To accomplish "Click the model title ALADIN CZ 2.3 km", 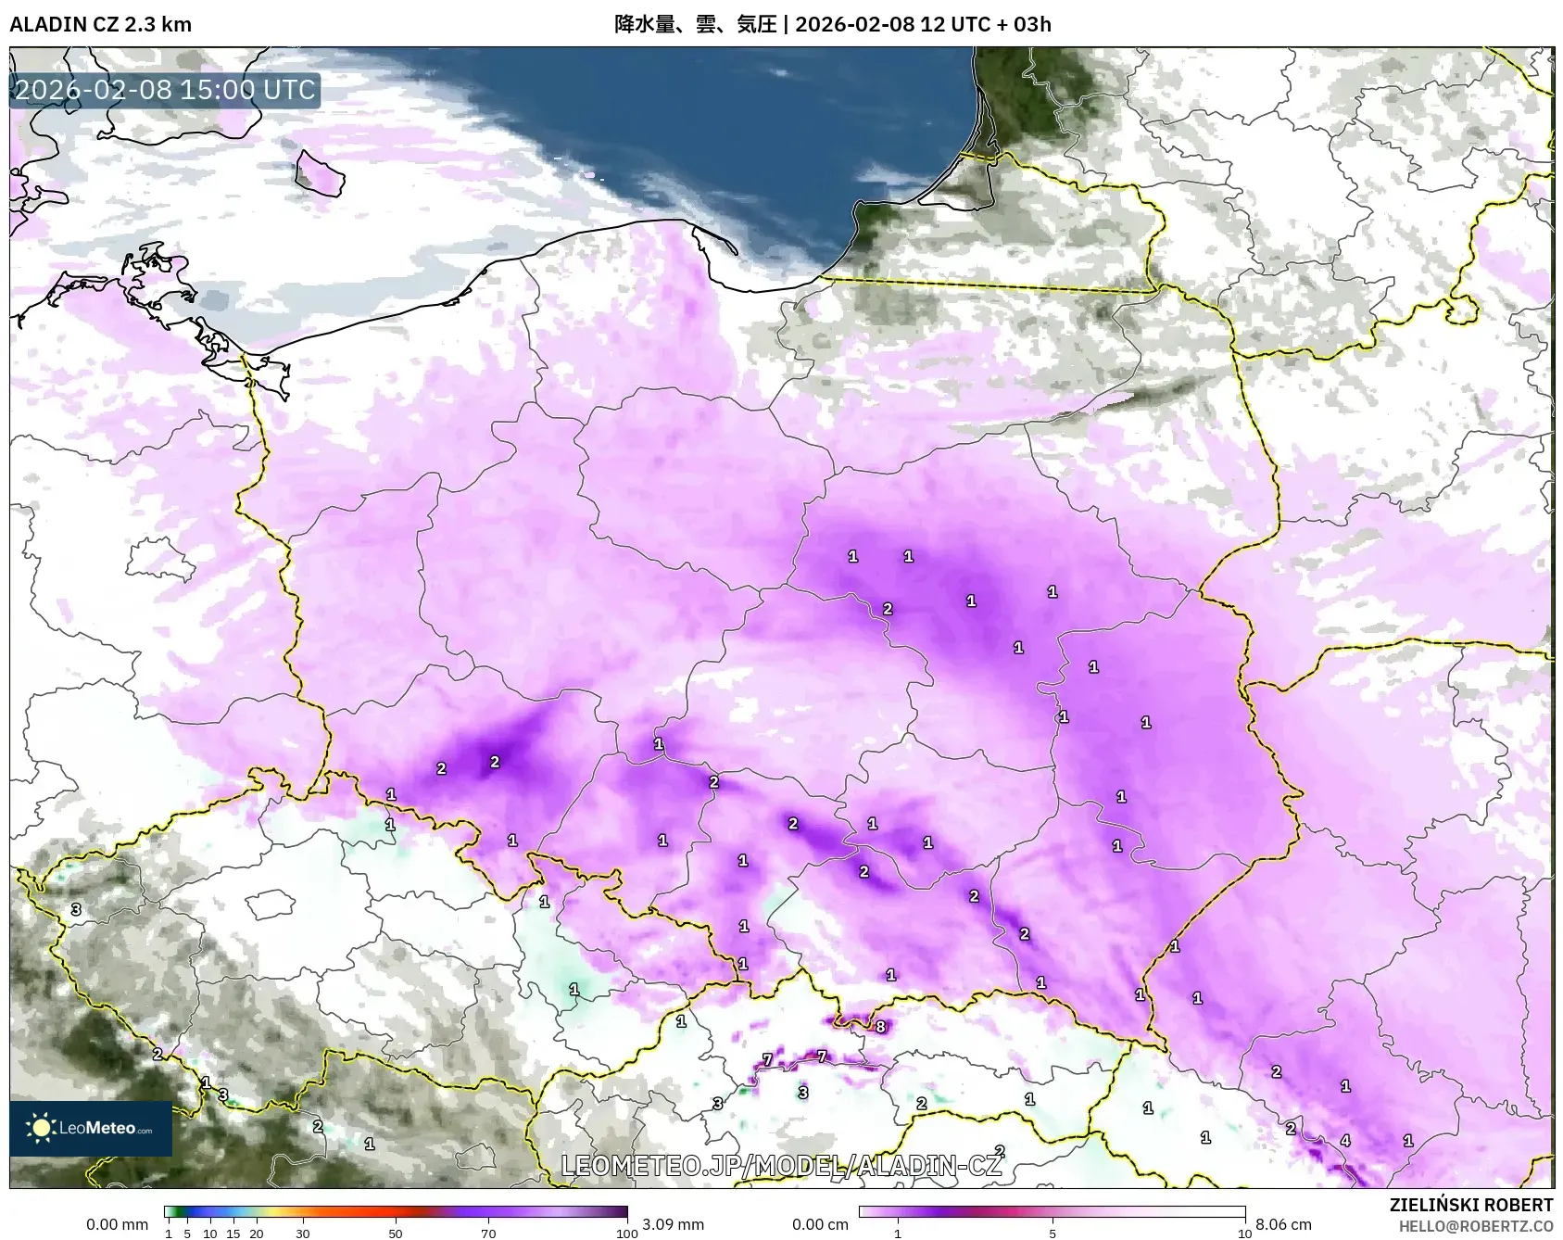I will [100, 24].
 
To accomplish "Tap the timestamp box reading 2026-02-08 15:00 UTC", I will [165, 90].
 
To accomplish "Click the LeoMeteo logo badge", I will [91, 1128].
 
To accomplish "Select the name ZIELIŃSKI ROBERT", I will [1470, 1205].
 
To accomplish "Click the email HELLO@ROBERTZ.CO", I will [1475, 1226].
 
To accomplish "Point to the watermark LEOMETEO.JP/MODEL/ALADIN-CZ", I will [781, 1165].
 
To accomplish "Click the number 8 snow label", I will [880, 1026].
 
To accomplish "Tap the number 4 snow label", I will [1345, 1141].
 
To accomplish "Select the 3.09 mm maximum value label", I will [673, 1224].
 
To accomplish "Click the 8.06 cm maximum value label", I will [1283, 1224].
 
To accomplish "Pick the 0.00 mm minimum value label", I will [117, 1224].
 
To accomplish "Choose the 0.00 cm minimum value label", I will [820, 1224].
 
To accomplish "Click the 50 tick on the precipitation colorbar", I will [396, 1234].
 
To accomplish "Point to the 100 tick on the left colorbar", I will [627, 1234].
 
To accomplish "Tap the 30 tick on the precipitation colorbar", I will [303, 1234].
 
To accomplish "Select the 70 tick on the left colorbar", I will [488, 1234].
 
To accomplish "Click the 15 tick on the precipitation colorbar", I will [233, 1234].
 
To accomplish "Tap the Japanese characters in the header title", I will [695, 24].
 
